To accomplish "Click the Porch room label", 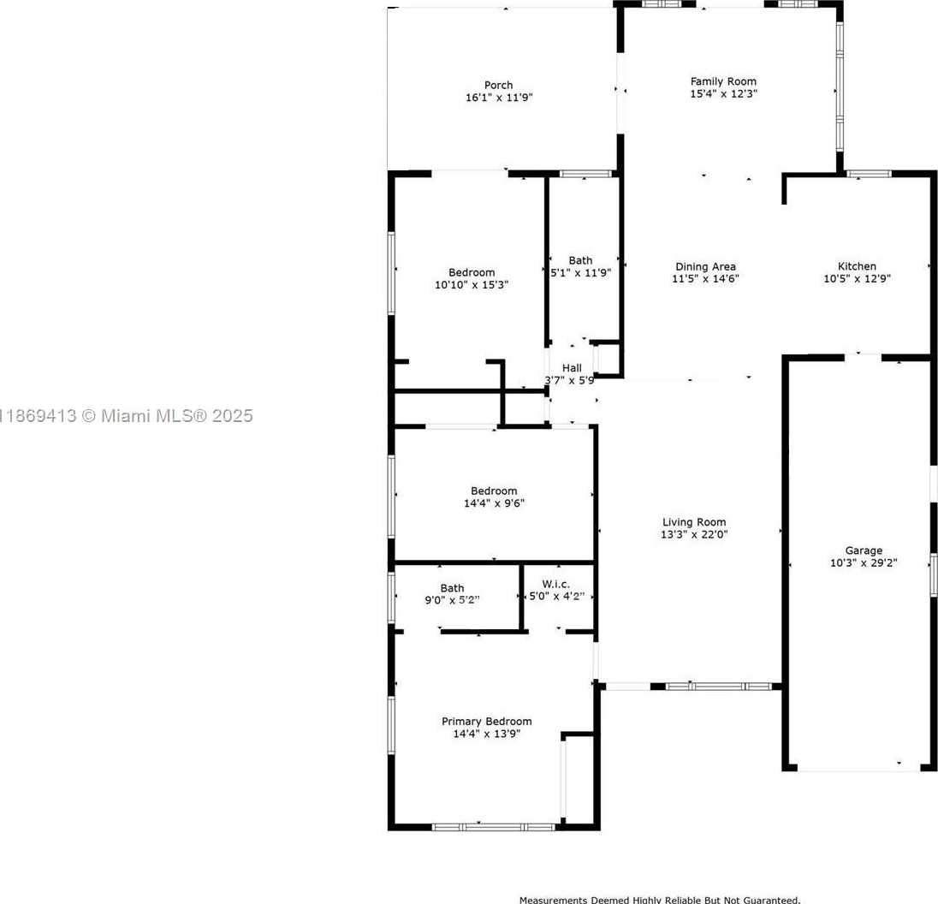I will click(498, 85).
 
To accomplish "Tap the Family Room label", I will click(723, 81).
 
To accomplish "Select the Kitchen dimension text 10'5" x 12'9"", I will click(857, 277).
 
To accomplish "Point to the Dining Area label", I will click(705, 266).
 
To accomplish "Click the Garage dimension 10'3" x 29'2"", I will click(864, 562).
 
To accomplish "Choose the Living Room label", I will click(694, 522).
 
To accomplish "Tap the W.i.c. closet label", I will click(557, 584).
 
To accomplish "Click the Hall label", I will click(571, 368).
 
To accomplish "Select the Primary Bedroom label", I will click(486, 722).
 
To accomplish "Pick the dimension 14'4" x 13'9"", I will click(486, 734).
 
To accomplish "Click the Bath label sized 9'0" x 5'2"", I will click(452, 588).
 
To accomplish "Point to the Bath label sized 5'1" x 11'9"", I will click(580, 260).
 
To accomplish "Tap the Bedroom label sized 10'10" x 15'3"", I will click(472, 272).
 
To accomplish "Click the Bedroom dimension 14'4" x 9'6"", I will click(494, 503).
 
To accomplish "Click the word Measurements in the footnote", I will click(553, 900).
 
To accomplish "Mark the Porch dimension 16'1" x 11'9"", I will click(498, 98).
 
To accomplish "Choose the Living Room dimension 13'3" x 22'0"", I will click(694, 534).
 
